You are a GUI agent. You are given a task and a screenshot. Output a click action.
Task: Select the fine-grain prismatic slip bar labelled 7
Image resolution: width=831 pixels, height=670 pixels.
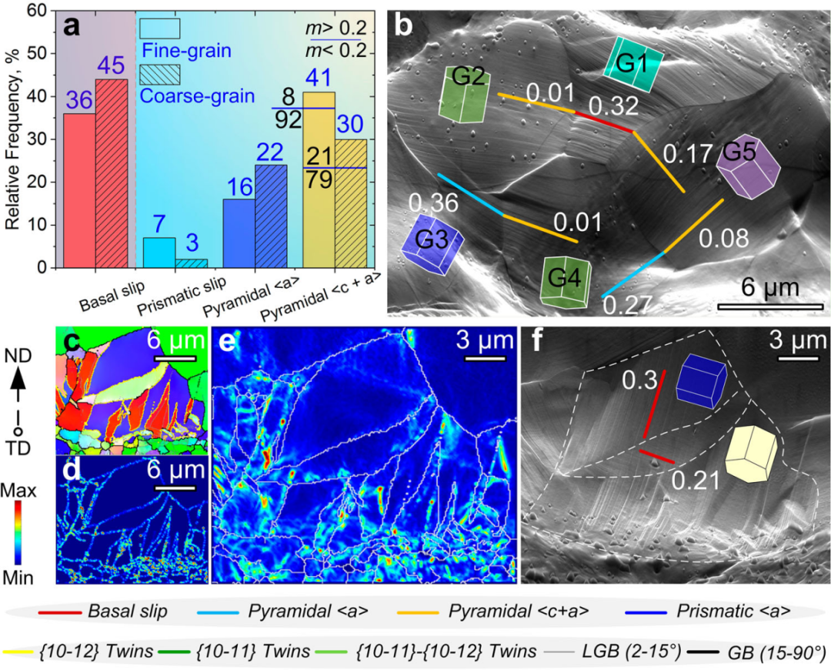point(159,253)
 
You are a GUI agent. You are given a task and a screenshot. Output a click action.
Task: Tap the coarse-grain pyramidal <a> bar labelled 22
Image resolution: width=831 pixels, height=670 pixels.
point(271,216)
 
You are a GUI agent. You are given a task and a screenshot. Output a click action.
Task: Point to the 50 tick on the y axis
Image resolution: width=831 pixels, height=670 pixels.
point(37,53)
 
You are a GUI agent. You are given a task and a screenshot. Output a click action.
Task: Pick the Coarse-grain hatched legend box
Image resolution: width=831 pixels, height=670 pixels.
point(160,75)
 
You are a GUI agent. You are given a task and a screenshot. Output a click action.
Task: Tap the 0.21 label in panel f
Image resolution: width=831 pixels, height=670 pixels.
point(696,481)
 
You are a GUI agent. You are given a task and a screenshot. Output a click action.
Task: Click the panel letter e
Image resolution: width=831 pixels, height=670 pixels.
point(229,343)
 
